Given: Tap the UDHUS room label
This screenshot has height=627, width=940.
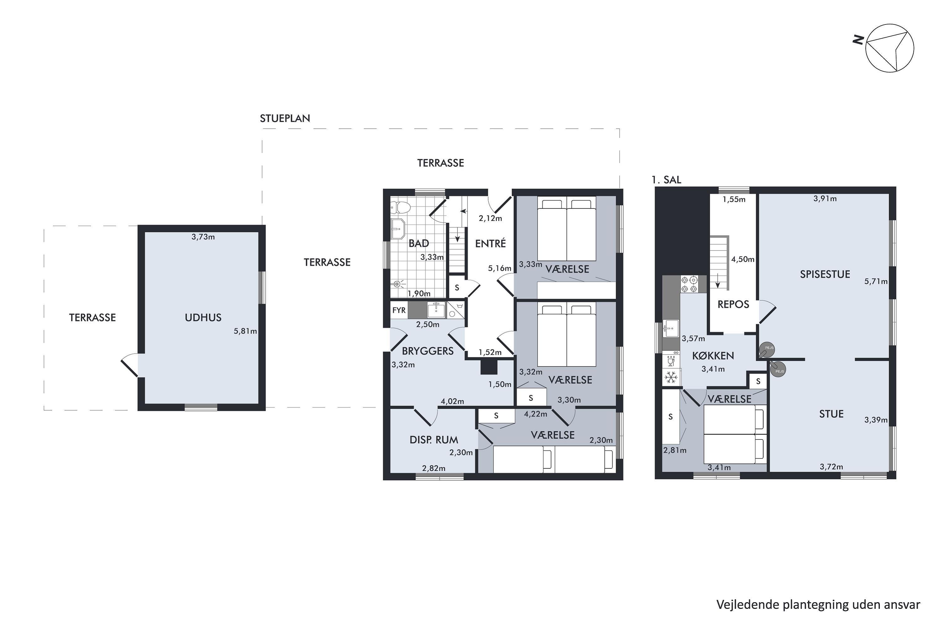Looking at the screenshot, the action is pyautogui.click(x=203, y=318).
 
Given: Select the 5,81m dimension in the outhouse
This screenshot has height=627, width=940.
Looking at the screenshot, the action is pyautogui.click(x=245, y=331).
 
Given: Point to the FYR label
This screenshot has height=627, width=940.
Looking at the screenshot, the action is pyautogui.click(x=399, y=310).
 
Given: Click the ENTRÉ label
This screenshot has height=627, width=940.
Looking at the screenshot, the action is pyautogui.click(x=490, y=243).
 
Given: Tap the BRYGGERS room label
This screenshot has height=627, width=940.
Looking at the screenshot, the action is pyautogui.click(x=428, y=351).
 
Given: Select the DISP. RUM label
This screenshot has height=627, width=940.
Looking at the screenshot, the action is pyautogui.click(x=434, y=440).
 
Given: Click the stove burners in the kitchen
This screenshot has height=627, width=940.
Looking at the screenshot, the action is pyautogui.click(x=689, y=284).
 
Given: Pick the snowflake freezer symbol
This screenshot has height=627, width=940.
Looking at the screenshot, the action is pyautogui.click(x=671, y=377).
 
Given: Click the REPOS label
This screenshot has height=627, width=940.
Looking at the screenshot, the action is pyautogui.click(x=734, y=304).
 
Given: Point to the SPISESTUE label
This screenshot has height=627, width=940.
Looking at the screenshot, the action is pyautogui.click(x=825, y=274).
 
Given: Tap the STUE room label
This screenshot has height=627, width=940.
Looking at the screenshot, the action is pyautogui.click(x=831, y=414).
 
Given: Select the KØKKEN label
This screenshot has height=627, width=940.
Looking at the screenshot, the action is pyautogui.click(x=713, y=356).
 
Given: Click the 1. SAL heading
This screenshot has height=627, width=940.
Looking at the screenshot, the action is pyautogui.click(x=666, y=180).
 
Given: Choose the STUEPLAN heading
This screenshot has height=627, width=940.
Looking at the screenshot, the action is pyautogui.click(x=285, y=119).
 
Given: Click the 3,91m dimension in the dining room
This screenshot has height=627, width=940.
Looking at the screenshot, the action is pyautogui.click(x=825, y=198).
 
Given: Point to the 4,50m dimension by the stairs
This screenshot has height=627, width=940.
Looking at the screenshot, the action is pyautogui.click(x=743, y=259).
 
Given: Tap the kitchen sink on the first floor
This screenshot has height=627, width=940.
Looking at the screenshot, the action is pyautogui.click(x=670, y=329).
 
